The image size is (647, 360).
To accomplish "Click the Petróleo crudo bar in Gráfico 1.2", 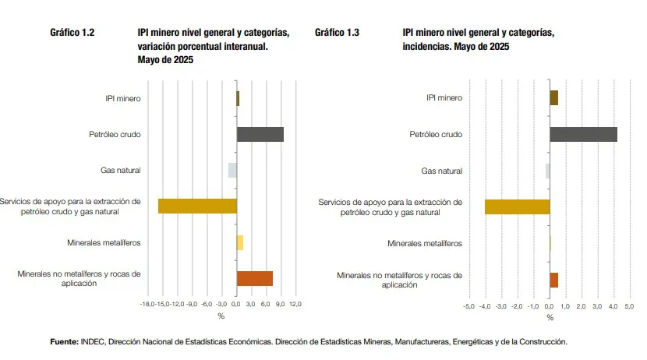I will point(260,134).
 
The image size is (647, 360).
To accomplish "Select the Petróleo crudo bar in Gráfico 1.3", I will point(583,134).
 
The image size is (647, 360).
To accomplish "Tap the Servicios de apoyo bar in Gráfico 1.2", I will point(197,206).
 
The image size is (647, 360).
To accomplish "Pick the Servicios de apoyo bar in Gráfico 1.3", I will point(517,206).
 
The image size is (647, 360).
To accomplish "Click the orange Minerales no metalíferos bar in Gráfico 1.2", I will point(255,278).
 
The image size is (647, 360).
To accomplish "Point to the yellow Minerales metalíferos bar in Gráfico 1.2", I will point(240,242).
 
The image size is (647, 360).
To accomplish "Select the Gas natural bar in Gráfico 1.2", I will point(232,170).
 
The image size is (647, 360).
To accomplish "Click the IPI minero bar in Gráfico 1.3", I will point(554,97).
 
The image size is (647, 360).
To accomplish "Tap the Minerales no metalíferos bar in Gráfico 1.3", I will point(554,280).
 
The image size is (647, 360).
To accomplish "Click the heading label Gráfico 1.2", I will point(72,33).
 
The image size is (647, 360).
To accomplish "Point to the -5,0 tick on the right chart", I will point(468,306).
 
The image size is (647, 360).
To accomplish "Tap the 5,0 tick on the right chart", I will point(631,306).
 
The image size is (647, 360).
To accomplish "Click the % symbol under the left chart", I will point(221,316).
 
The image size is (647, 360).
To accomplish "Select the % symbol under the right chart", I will point(550,317).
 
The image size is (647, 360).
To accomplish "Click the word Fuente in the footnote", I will point(63,341).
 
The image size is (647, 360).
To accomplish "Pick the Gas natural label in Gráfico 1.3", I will point(441,171).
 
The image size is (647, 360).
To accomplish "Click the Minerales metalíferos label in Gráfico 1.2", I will point(104,242).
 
